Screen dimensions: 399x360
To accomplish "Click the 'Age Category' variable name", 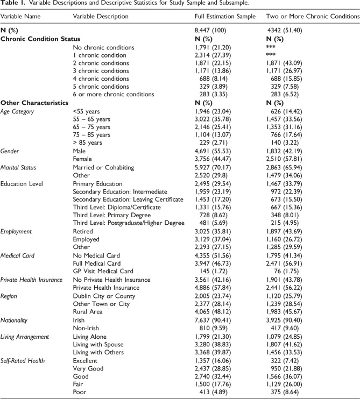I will click(x=19, y=111).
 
